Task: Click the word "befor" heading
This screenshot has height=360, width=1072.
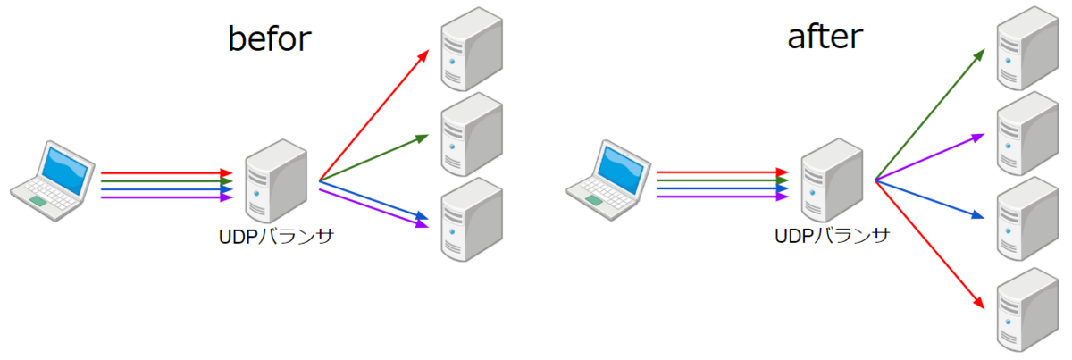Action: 270,38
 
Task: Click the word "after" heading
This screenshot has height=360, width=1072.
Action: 825,37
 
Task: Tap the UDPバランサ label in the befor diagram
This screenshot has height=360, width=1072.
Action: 276,236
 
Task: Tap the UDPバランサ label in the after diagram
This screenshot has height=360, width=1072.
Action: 833,235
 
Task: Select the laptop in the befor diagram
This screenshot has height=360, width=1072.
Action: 53,180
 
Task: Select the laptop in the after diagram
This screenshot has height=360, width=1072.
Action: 608,180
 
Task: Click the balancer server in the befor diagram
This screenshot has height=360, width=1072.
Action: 276,181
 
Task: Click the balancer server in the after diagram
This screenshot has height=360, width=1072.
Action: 833,180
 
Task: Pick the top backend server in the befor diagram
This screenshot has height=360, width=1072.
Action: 472,49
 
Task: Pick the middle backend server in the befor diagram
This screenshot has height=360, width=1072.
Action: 472,135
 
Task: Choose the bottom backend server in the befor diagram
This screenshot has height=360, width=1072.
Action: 472,220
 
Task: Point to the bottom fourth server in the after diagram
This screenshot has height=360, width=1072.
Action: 1027,310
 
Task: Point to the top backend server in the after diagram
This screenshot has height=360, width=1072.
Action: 1027,48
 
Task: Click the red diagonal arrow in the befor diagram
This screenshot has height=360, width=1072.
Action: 373,115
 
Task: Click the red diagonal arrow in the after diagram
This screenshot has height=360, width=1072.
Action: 930,245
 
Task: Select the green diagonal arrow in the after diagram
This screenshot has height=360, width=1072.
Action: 930,114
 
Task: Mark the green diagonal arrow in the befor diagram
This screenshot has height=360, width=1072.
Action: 373,158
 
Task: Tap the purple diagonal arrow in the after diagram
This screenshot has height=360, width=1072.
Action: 930,157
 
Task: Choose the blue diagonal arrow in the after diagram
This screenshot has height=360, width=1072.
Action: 930,199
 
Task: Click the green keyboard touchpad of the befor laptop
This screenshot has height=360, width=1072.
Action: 38,202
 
